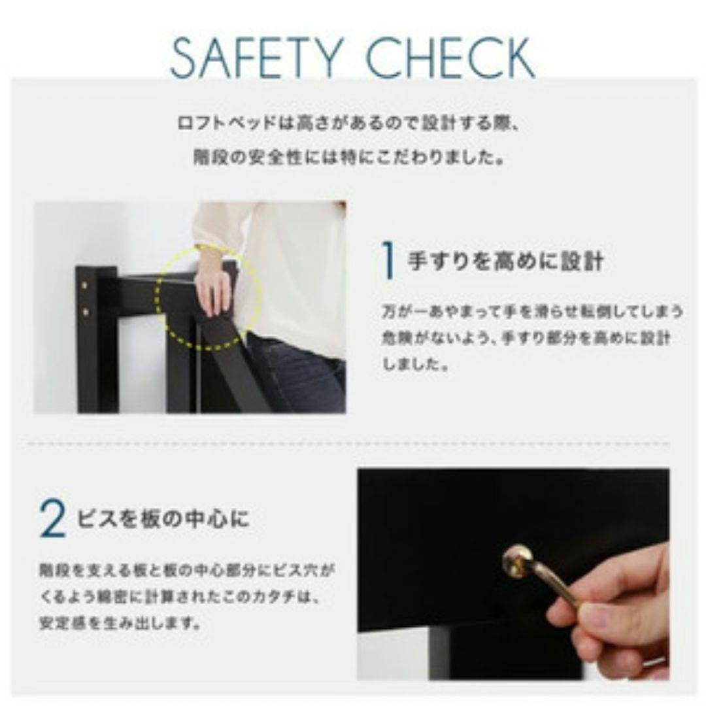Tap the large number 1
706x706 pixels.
coord(389,261)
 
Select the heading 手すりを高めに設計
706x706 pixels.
coord(505,261)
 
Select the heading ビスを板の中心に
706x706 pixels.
coord(163,519)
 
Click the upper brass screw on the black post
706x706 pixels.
coord(85,285)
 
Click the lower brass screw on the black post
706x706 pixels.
coord(85,312)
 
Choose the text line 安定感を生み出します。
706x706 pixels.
coord(120,622)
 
